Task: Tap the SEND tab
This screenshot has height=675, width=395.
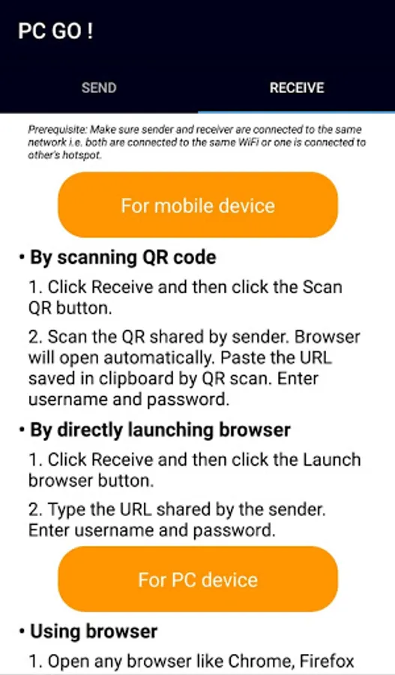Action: (99, 88)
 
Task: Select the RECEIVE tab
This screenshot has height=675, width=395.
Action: (297, 88)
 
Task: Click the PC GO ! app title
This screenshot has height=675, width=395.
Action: (55, 31)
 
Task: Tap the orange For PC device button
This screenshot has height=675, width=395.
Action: (198, 580)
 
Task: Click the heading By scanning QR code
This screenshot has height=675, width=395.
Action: (123, 257)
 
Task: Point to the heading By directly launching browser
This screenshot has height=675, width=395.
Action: (160, 430)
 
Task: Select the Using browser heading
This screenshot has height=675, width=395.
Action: (94, 631)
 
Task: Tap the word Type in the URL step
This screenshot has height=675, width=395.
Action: (64, 510)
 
